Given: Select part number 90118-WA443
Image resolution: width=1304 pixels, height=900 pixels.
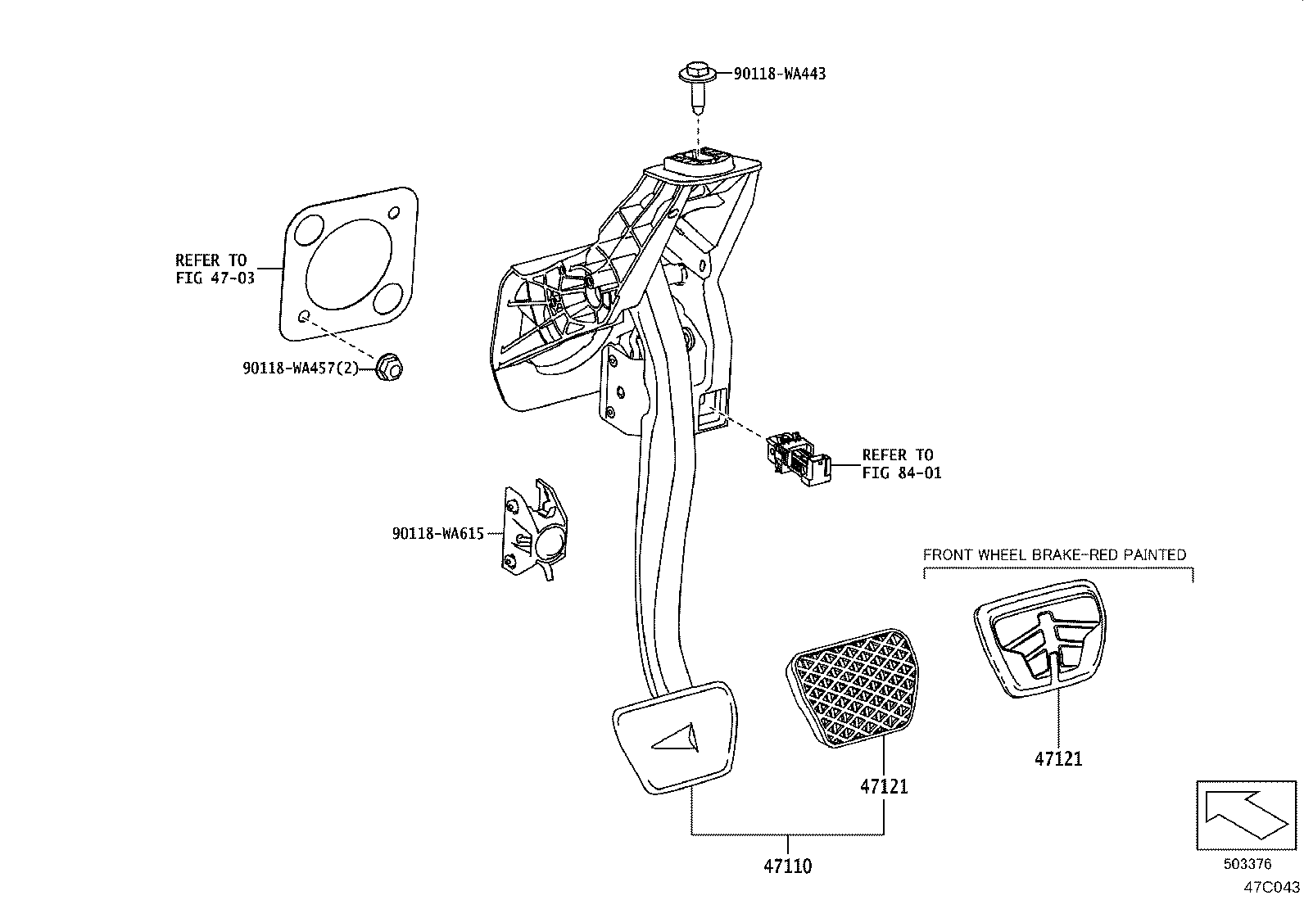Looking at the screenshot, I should pyautogui.click(x=779, y=74).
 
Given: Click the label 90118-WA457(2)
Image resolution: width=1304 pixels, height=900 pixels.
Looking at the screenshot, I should pyautogui.click(x=301, y=369).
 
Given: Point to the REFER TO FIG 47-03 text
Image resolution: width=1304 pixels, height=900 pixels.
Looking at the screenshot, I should pyautogui.click(x=215, y=269).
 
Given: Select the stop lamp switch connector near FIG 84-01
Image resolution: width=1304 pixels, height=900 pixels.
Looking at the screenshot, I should pyautogui.click(x=797, y=462).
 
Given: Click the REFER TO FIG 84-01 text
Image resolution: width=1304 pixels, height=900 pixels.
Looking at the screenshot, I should pyautogui.click(x=901, y=464).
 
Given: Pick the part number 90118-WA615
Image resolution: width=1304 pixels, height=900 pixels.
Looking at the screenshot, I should pyautogui.click(x=438, y=534).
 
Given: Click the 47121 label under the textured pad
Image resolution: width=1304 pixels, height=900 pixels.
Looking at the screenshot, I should pyautogui.click(x=884, y=786).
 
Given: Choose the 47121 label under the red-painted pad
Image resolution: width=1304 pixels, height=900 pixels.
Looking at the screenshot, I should pyautogui.click(x=1058, y=758).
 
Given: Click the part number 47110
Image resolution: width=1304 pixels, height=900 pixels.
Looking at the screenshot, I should pyautogui.click(x=787, y=865).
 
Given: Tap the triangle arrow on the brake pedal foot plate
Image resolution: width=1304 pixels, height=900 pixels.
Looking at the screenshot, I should pyautogui.click(x=675, y=739).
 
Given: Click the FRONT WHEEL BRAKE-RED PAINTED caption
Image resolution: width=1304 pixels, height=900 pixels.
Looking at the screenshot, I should pyautogui.click(x=1054, y=554).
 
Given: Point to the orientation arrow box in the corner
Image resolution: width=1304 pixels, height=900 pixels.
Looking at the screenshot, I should pyautogui.click(x=1246, y=815).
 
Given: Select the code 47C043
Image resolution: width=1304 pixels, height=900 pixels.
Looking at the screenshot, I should pyautogui.click(x=1271, y=886).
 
